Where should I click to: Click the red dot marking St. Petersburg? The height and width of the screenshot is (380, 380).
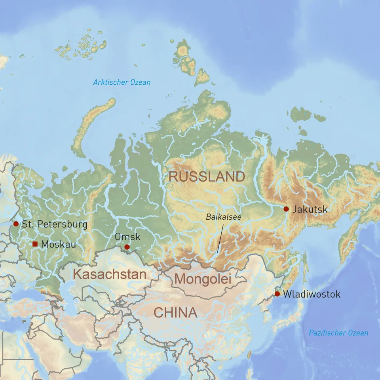[16, 224]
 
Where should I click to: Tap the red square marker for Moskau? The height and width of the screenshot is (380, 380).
[35, 244]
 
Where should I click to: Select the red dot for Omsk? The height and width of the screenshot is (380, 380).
[127, 247]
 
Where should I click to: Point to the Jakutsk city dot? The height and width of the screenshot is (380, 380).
[286, 209]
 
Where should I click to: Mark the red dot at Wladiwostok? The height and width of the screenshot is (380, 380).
[277, 294]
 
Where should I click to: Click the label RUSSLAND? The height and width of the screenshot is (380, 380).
[207, 177]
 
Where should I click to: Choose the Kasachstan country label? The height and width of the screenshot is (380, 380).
[110, 274]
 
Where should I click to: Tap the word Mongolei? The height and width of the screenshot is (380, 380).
[202, 279]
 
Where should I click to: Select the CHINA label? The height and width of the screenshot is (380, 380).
[175, 313]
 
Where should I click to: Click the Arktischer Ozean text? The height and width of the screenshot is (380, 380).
[122, 82]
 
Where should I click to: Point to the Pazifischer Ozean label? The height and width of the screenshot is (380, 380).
[338, 333]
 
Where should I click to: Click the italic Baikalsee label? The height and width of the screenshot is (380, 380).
[223, 217]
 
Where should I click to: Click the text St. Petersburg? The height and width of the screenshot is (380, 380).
[55, 224]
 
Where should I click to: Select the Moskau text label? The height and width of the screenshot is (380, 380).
[58, 245]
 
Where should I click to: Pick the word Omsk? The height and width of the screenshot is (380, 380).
[127, 237]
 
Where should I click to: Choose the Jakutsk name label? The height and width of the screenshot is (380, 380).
[310, 209]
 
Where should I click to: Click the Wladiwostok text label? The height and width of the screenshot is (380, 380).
[312, 294]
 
